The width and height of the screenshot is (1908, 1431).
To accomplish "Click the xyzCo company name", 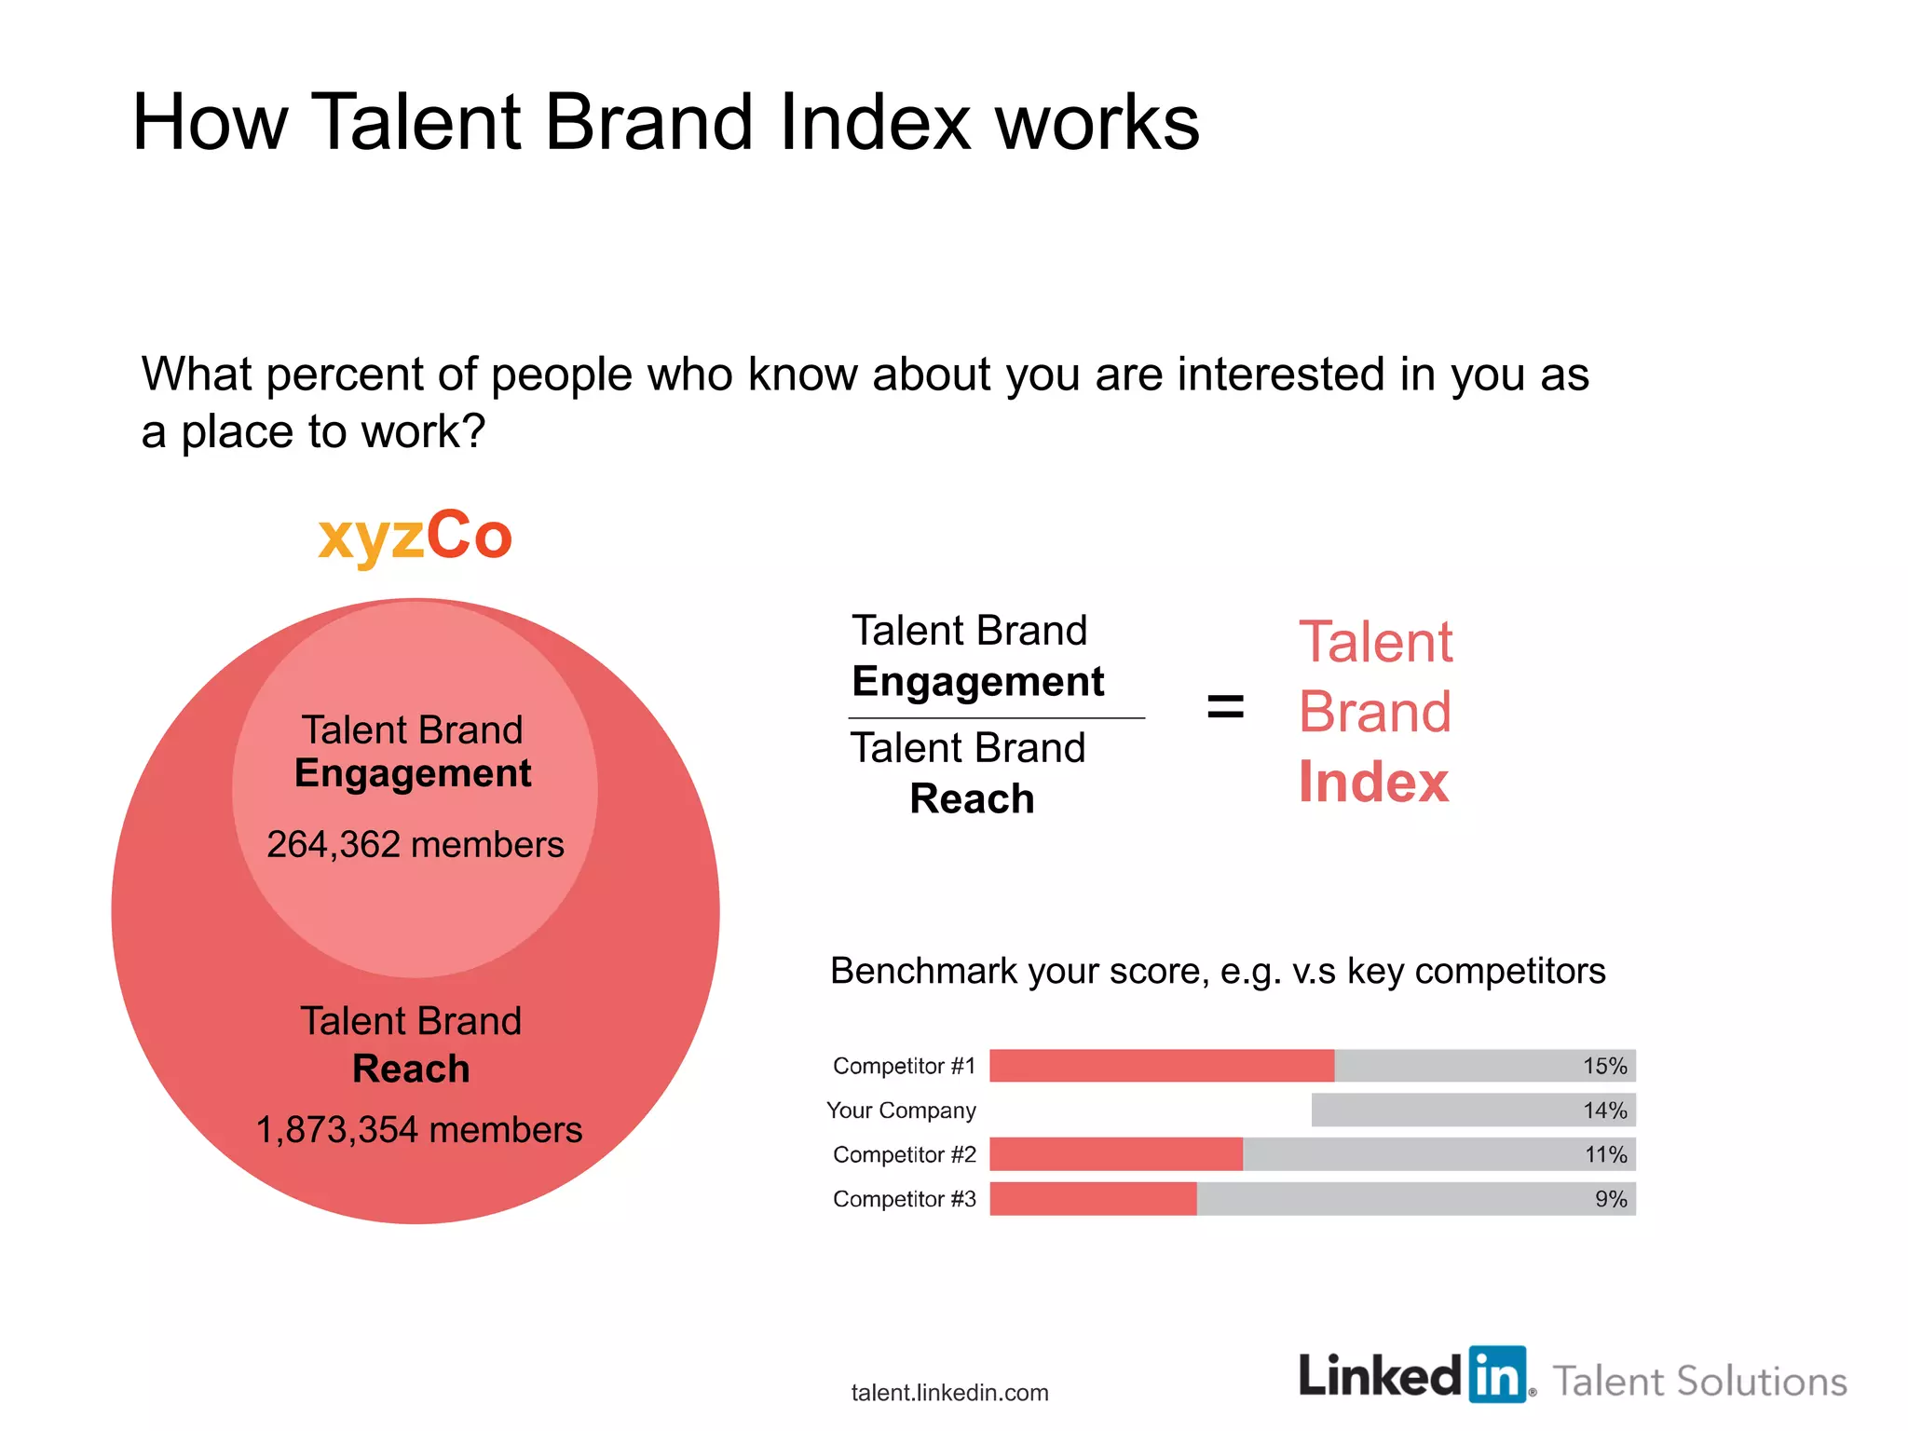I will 415,537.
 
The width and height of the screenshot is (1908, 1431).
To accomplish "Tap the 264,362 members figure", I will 415,844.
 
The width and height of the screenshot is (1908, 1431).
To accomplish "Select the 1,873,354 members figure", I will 418,1129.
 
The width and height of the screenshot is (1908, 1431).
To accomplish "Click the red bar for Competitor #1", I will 1161,1066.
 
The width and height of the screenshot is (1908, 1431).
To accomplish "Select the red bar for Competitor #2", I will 1115,1154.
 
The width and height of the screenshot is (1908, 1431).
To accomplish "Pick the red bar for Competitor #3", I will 1092,1199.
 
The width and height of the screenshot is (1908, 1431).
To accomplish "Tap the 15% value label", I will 1604,1066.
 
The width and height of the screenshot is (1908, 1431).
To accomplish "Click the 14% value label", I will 1604,1111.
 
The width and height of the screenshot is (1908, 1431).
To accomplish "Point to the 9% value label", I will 1611,1199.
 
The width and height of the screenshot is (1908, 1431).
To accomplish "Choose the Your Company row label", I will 901,1111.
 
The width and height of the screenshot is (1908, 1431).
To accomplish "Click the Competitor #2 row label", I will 904,1154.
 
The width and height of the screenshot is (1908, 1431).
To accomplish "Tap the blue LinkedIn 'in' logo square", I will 1497,1374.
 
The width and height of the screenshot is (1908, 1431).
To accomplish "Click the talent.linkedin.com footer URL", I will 949,1393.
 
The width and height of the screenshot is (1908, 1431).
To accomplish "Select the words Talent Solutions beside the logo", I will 1699,1381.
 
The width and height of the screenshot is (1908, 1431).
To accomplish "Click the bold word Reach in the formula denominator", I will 972,798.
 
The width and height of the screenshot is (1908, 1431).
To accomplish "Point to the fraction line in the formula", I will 996,718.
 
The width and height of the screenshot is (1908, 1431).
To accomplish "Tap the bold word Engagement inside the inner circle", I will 413,773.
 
